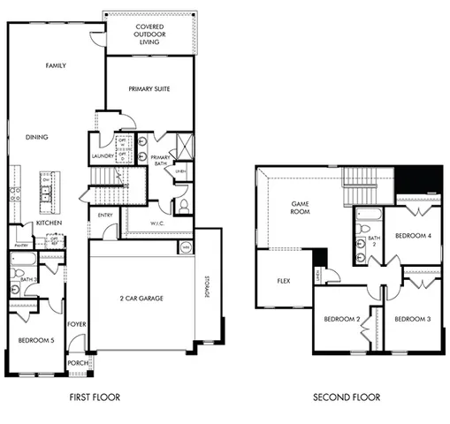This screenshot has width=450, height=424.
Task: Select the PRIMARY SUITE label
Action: coord(149,89)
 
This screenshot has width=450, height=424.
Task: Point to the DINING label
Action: coord(36,137)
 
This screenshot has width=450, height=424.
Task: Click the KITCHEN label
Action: coord(48,224)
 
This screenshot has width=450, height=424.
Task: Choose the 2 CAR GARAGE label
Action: coord(141,298)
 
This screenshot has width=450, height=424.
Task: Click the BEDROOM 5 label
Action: coord(35,338)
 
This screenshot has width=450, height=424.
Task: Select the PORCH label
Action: coord(78,362)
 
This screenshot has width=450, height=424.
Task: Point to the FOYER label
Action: coord(78,324)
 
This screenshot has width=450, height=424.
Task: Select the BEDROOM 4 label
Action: coord(412,236)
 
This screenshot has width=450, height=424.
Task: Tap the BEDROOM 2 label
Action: coord(340,318)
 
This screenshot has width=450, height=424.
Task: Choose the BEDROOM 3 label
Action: coord(412,318)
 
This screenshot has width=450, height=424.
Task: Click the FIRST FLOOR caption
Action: coord(95,397)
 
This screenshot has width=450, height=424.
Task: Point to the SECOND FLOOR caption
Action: coord(347,397)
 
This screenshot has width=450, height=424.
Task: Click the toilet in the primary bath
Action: coord(184,206)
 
